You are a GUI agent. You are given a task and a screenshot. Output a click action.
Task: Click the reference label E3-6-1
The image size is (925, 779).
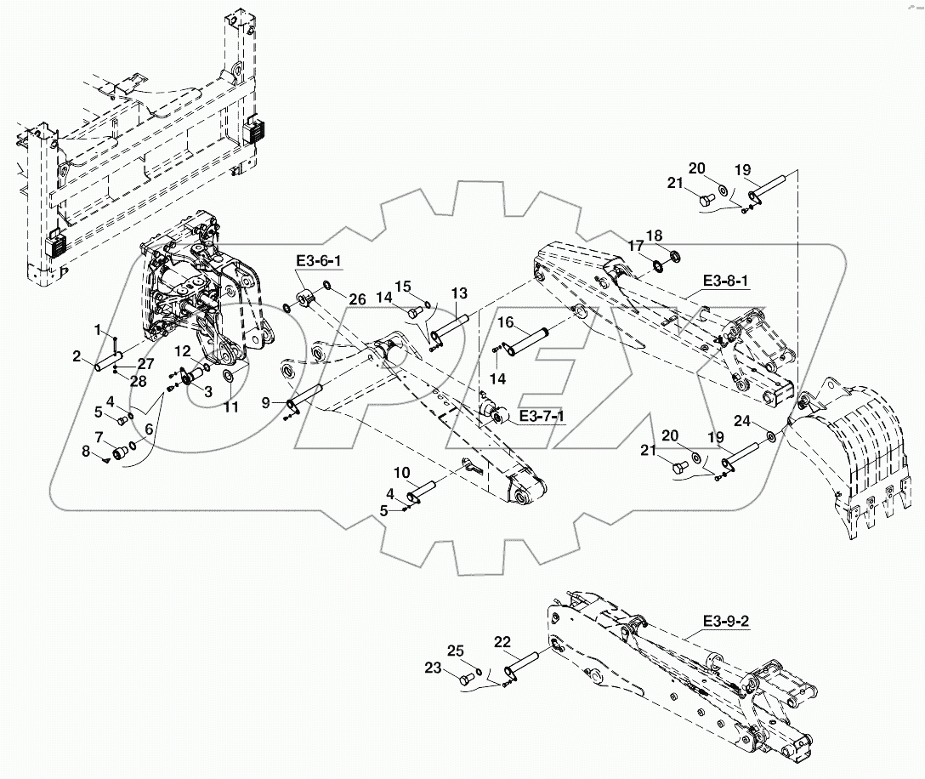pos(315,261)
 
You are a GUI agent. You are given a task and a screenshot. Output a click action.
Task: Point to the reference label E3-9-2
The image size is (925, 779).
pos(726,622)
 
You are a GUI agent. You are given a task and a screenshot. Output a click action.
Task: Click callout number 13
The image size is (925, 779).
pos(459,293)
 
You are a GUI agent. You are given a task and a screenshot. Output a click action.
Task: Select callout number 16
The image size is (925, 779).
pos(505,322)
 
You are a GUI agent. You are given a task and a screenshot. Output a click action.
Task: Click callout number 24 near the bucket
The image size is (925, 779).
pos(742,420)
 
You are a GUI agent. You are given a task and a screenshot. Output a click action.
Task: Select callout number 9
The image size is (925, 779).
pos(267,402)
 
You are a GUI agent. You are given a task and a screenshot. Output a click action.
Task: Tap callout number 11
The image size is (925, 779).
pos(230,407)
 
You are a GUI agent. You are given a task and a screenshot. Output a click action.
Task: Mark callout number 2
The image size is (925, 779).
pos(77,356)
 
